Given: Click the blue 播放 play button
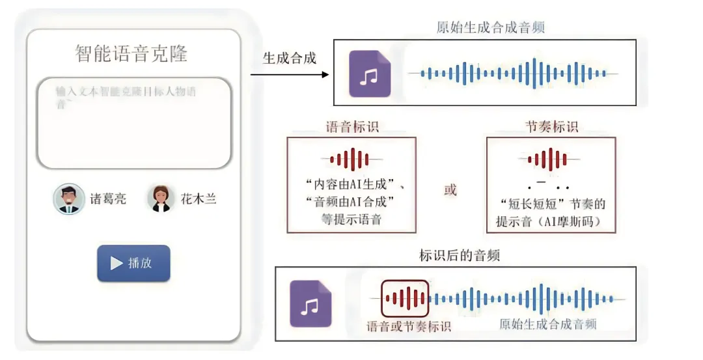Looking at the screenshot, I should coord(133,263).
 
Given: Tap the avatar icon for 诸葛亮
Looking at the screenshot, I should coord(69,199).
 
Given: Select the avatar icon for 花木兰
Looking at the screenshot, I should coord(161,199).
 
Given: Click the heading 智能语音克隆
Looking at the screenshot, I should coord(131,53).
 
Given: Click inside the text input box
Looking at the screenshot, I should coord(133,124).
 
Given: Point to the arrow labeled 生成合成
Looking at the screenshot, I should coord(290,74).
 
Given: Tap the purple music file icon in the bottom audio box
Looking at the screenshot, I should coord(310,303).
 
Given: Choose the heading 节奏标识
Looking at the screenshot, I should coord(551,127).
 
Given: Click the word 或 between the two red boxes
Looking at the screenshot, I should coord(450,190).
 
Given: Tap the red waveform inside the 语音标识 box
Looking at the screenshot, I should coord(352,159).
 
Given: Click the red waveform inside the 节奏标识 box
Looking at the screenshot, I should coord(550,159).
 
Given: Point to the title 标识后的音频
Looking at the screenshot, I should coord(460,255).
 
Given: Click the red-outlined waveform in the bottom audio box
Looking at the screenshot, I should coord(405,299).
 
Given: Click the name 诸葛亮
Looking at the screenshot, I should coord(108,199).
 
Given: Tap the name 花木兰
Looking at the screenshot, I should coord(198,199).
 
